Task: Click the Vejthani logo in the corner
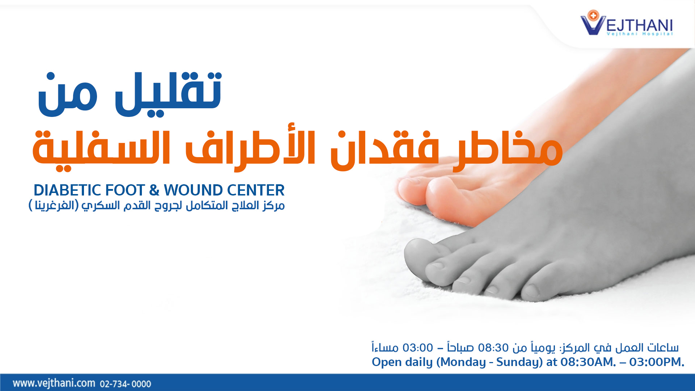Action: pos(627,23)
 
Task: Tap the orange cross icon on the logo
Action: pos(593,16)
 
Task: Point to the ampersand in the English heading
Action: pos(154,190)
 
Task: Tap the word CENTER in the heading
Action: pos(251,190)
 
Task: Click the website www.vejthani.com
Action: pos(54,383)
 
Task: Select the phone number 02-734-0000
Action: pos(125,384)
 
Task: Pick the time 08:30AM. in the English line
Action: pos(588,362)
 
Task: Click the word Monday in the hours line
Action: pos(461,362)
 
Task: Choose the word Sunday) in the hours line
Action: pos(519,362)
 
